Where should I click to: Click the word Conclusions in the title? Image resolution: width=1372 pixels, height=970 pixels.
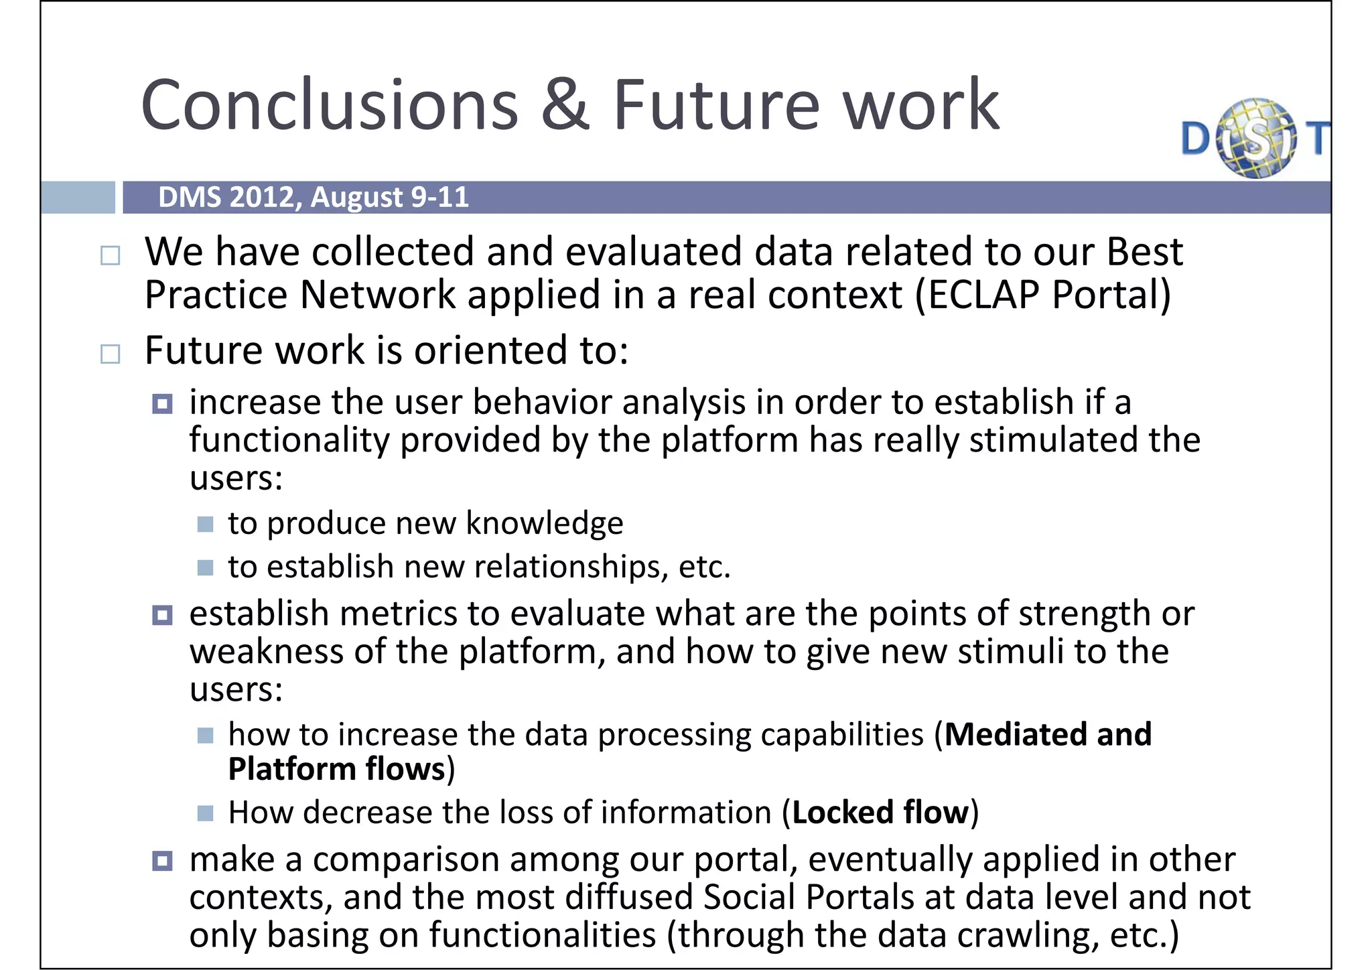[x=330, y=105]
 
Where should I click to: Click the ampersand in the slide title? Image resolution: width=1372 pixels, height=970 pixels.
[x=565, y=105]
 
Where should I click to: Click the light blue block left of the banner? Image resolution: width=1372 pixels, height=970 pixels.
[x=78, y=198]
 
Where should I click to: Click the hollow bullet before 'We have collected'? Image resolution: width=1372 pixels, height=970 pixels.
[x=110, y=255]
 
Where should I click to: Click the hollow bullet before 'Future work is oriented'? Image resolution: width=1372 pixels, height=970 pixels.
[x=110, y=354]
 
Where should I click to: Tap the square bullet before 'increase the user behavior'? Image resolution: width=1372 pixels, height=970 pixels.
[x=162, y=404]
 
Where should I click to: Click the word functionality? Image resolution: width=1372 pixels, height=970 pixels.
[x=289, y=441]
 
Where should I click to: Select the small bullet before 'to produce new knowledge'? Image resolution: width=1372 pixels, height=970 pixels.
[x=206, y=524]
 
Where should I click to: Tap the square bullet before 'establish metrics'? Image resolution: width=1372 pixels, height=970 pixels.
[x=162, y=615]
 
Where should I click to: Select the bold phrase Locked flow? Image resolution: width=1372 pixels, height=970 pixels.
[x=880, y=813]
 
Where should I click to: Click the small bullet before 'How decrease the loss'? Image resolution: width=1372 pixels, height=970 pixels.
[x=206, y=813]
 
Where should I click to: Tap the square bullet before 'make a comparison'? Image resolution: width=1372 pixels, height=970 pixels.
[x=162, y=861]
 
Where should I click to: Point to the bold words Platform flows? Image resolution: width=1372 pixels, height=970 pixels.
[x=336, y=769]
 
